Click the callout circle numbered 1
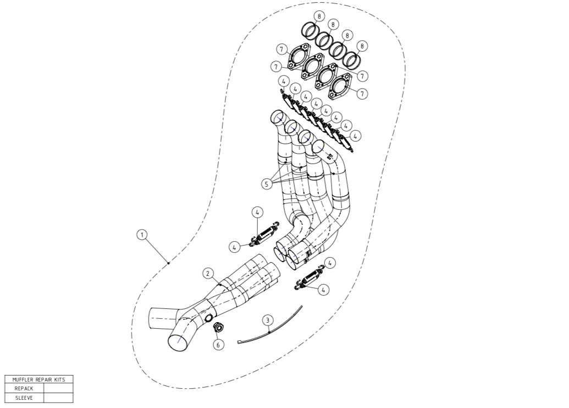pyautogui.click(x=142, y=235)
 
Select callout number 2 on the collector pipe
pyautogui.click(x=208, y=273)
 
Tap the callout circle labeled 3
pyautogui.click(x=268, y=320)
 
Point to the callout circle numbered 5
pyautogui.click(x=266, y=184)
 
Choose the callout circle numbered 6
pyautogui.click(x=218, y=345)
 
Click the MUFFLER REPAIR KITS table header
pyautogui.click(x=39, y=379)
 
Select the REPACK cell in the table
pyautogui.click(x=24, y=388)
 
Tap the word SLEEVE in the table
pyautogui.click(x=24, y=398)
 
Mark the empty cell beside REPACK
pyautogui.click(x=58, y=388)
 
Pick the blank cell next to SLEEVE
pyautogui.click(x=58, y=398)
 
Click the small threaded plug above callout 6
pyautogui.click(x=218, y=327)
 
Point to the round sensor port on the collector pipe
pyautogui.click(x=209, y=319)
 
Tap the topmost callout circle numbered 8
pyautogui.click(x=319, y=16)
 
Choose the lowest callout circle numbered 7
pyautogui.click(x=362, y=94)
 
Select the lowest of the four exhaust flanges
pyautogui.click(x=340, y=86)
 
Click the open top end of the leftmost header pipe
pyautogui.click(x=279, y=117)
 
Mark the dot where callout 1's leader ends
pyautogui.click(x=169, y=263)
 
